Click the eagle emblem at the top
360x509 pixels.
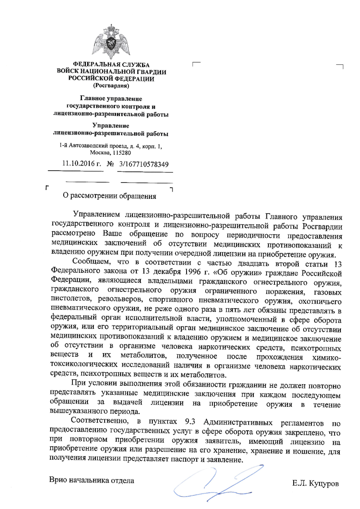coord(111,41)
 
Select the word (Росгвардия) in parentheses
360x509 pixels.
coord(111,85)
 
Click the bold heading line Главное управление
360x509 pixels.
coord(111,99)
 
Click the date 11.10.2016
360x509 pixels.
coord(79,163)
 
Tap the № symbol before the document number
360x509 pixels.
coord(111,164)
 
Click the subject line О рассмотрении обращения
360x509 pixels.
coord(110,196)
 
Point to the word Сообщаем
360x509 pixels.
coord(90,262)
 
